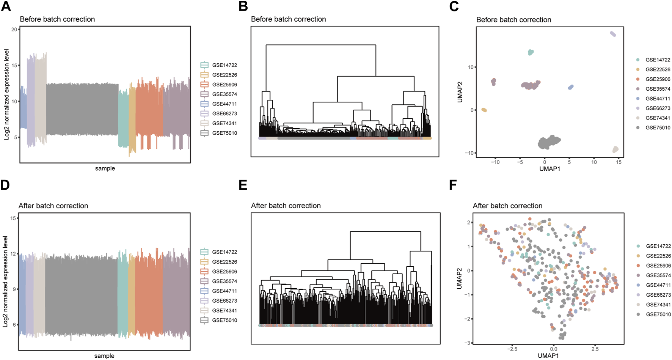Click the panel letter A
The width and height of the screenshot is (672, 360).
tap(6, 6)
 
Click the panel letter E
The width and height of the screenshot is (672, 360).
tap(243, 185)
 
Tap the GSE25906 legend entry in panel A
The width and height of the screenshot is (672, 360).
tap(225, 85)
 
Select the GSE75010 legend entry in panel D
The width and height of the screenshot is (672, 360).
tap(225, 320)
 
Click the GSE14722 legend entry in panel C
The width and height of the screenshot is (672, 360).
tap(658, 60)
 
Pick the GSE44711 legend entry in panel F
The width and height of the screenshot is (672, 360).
tap(658, 285)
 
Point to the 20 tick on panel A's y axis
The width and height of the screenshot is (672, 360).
tap(14, 30)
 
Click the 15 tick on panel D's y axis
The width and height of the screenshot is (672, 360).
tap(13, 218)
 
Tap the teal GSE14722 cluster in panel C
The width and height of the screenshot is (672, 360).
tap(530, 52)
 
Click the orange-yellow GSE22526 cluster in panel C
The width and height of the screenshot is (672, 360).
tap(484, 110)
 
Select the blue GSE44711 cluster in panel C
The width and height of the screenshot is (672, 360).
tap(571, 87)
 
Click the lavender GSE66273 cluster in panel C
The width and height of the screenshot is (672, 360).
tap(613, 34)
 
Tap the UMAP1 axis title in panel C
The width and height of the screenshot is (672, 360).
tap(550, 169)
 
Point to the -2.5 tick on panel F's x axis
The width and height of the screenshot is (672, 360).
tap(512, 349)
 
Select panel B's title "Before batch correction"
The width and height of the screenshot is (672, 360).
tap(288, 19)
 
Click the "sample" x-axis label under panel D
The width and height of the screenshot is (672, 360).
tap(104, 356)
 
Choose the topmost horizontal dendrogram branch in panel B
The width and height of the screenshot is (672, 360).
tap(321, 45)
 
